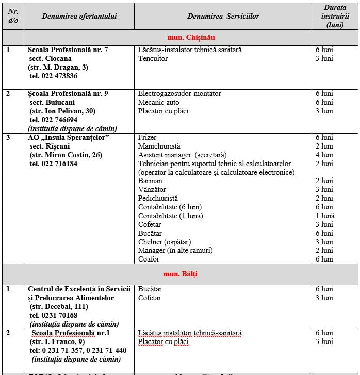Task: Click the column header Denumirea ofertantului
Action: (x=79, y=16)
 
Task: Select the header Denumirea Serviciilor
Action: (x=223, y=16)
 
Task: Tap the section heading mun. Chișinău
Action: (x=191, y=38)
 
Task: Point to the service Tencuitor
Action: (x=153, y=58)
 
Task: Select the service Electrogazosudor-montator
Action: (x=179, y=93)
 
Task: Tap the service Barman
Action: (x=150, y=181)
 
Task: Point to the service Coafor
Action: (x=149, y=259)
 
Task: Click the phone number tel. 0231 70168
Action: (x=53, y=315)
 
